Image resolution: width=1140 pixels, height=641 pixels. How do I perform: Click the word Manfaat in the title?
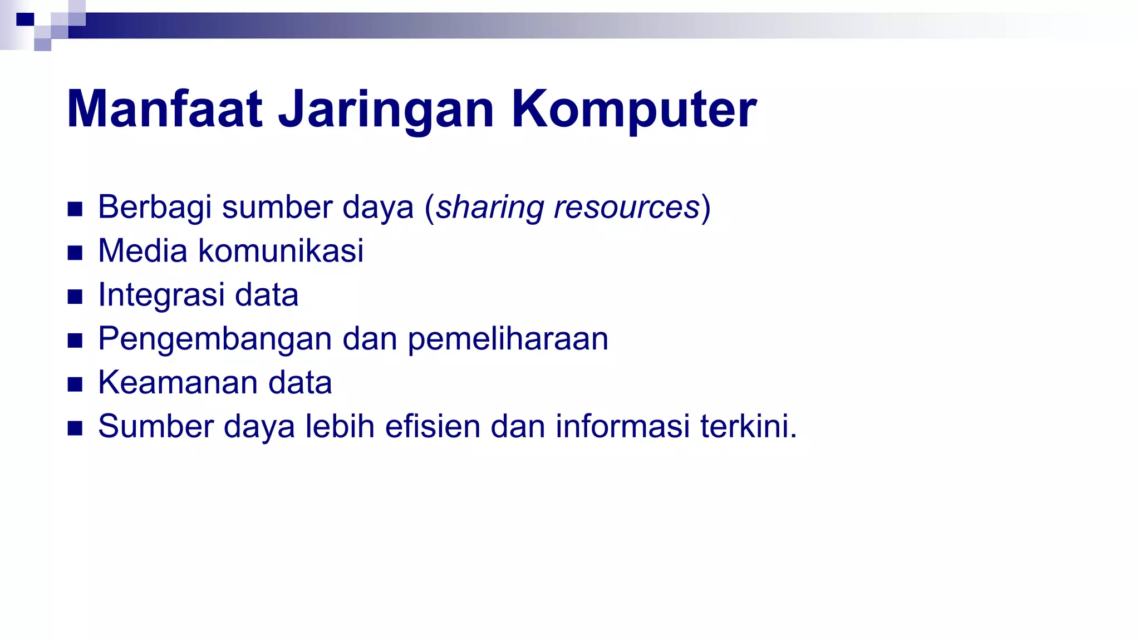tap(165, 109)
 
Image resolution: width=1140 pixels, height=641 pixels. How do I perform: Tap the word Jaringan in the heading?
tap(386, 109)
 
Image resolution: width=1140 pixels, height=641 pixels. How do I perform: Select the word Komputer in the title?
tap(633, 109)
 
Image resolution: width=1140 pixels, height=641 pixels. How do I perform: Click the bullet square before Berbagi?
tap(75, 209)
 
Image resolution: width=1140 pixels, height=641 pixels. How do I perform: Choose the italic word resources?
tap(626, 208)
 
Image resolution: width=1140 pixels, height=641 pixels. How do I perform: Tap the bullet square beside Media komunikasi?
tap(75, 253)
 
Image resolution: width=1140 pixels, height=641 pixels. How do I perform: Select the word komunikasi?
tap(281, 250)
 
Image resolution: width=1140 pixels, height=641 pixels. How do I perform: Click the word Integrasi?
tap(161, 295)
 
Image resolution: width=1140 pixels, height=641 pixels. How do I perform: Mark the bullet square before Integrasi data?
tap(75, 297)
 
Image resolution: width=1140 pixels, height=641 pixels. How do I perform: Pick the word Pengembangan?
tap(215, 339)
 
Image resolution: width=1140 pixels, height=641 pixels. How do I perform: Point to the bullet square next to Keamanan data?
tap(75, 384)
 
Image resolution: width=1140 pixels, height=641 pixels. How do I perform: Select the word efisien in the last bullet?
tap(433, 426)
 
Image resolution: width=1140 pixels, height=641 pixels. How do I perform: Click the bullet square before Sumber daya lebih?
tap(75, 428)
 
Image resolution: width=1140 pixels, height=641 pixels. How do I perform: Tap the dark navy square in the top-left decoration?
tap(25, 20)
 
